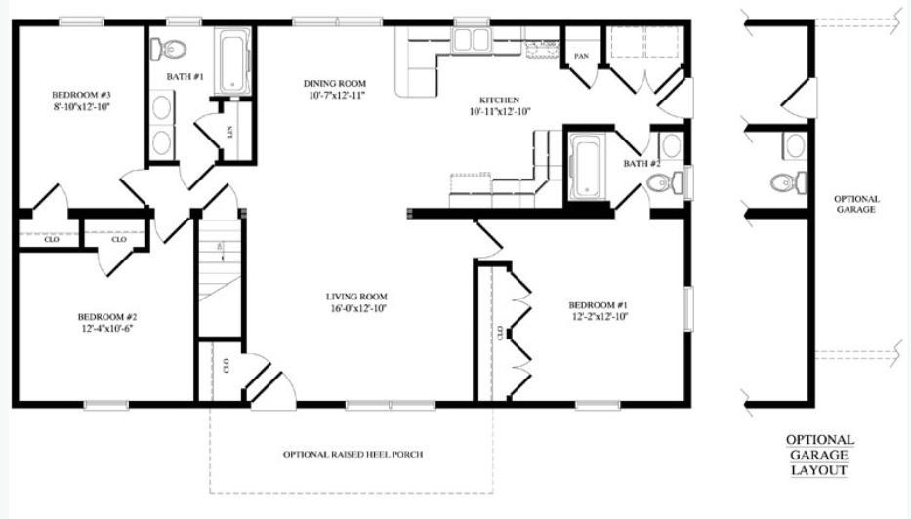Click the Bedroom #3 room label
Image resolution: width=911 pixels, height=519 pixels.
click(81, 95)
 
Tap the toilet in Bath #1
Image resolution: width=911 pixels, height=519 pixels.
click(168, 49)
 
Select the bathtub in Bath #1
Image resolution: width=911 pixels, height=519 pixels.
click(234, 62)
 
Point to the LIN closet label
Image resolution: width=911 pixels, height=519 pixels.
click(230, 133)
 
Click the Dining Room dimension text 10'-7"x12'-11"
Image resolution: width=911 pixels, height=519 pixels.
click(337, 95)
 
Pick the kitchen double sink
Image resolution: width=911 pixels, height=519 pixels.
click(472, 40)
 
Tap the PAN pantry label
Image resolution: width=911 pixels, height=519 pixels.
click(582, 56)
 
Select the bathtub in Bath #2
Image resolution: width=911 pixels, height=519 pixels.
click(587, 167)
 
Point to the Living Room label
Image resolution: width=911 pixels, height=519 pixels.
click(356, 297)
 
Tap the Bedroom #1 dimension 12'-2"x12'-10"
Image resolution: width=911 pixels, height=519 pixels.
click(599, 317)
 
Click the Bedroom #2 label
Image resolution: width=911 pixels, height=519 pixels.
click(107, 317)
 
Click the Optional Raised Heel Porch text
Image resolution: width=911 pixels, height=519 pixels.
click(352, 454)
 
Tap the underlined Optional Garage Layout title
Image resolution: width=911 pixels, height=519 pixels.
click(820, 456)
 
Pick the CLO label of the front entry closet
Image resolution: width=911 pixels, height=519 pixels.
click(226, 365)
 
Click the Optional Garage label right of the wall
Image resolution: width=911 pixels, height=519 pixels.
click(855, 204)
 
